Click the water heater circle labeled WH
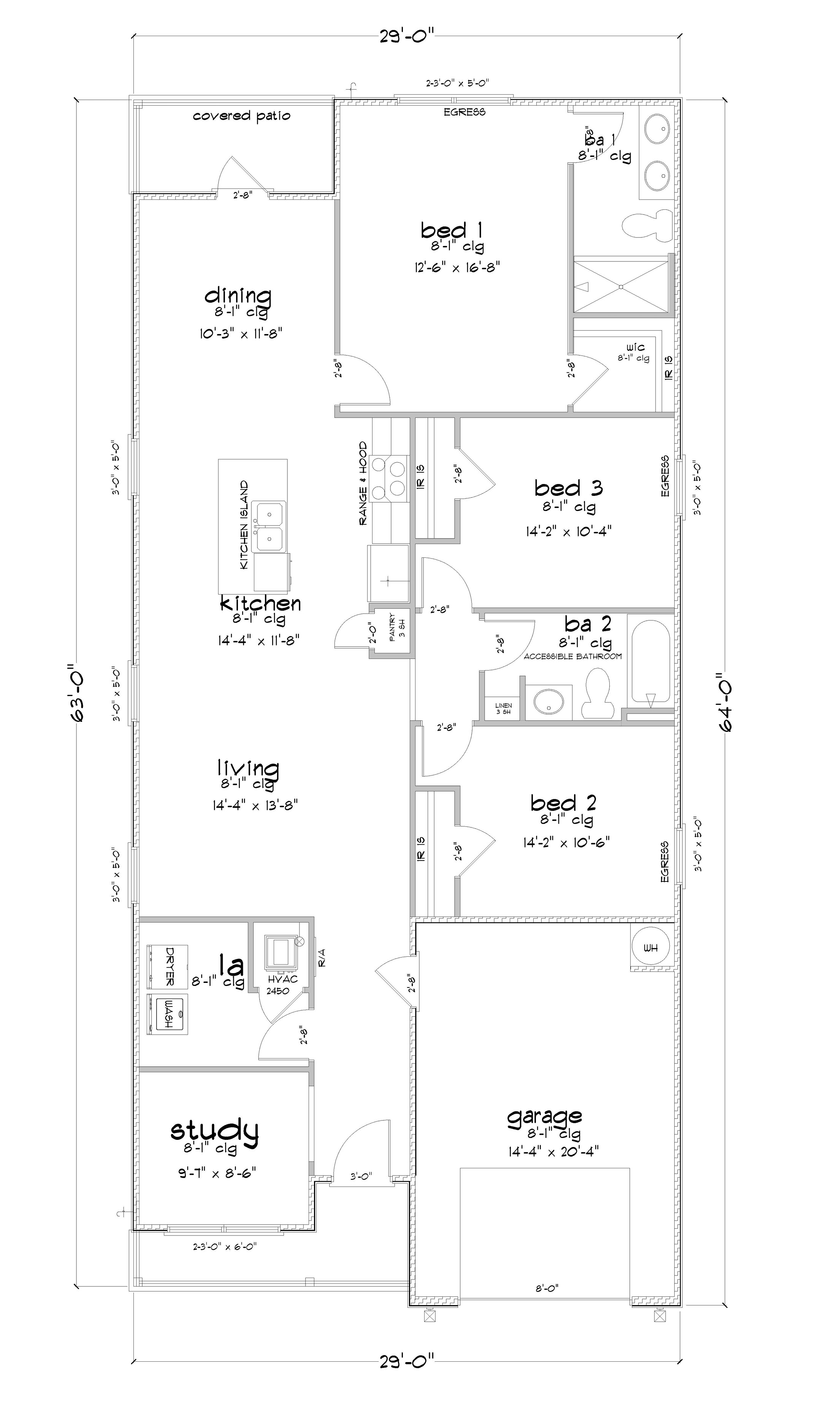click(x=651, y=948)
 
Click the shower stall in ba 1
click(x=621, y=286)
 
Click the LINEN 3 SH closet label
click(x=503, y=709)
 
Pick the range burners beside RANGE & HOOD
click(x=389, y=476)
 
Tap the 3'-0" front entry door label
click(x=361, y=1176)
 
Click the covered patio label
click(x=241, y=116)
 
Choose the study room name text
click(x=214, y=1130)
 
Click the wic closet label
click(x=636, y=348)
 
